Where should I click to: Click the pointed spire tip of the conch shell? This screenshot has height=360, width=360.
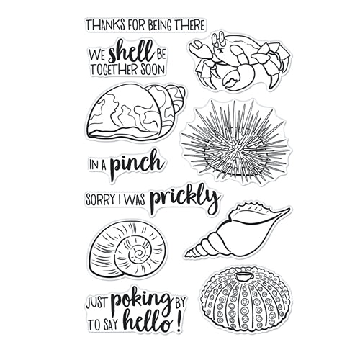coord(186,251)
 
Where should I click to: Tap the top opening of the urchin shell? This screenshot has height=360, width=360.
coord(243,277)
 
